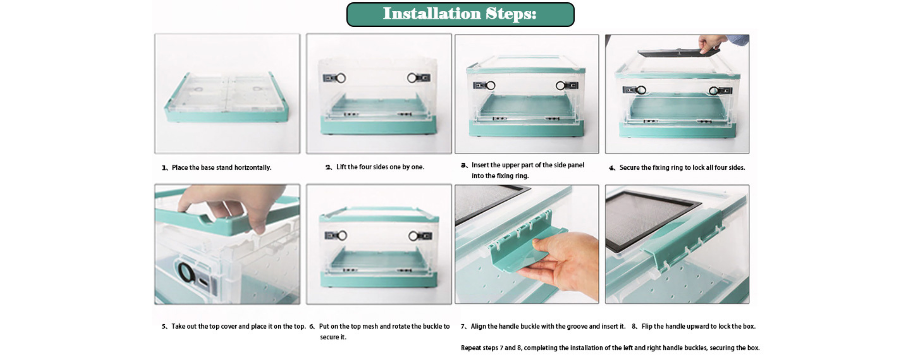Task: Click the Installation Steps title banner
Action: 460,14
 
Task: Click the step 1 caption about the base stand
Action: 217,168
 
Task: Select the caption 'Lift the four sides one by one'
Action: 375,167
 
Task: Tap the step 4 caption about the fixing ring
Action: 677,168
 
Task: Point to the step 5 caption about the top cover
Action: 234,326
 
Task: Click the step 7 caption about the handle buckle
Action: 543,326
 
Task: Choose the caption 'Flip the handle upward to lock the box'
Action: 694,326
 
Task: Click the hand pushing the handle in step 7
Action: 562,264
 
